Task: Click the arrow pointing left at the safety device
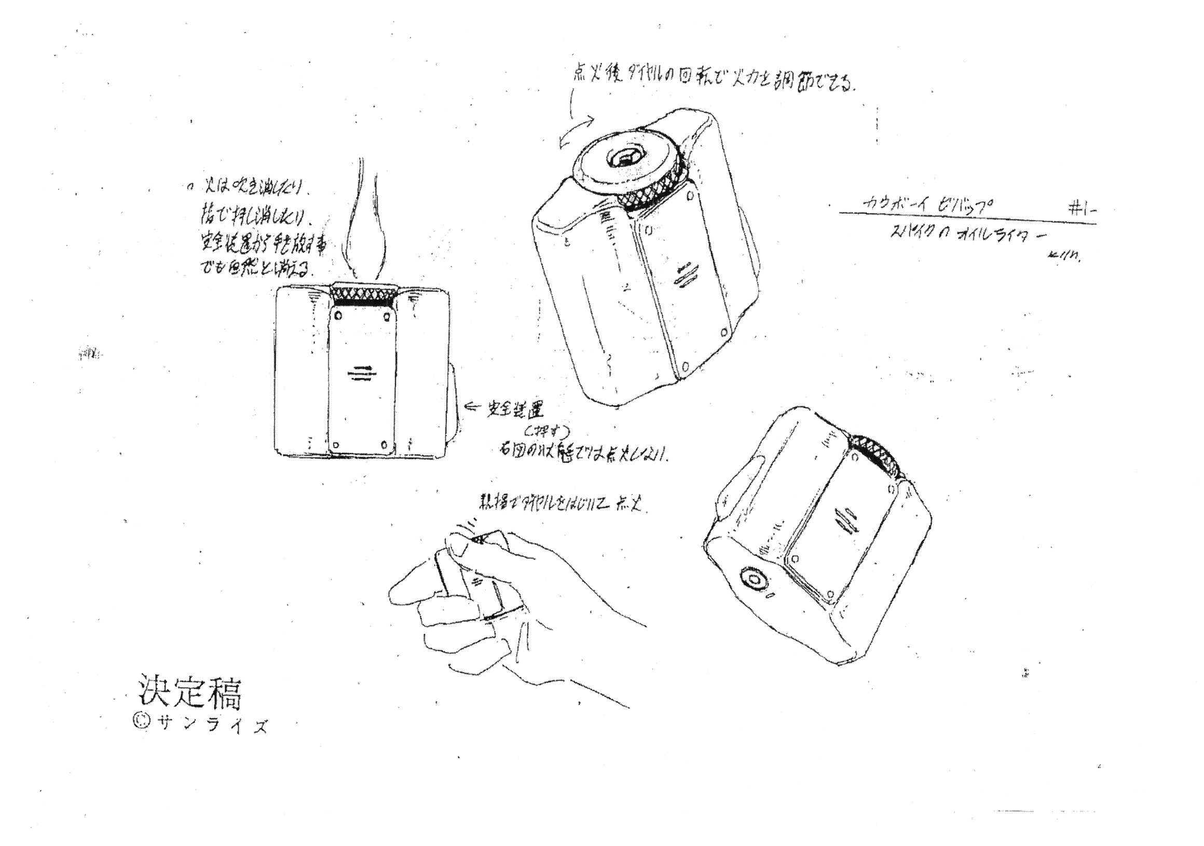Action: tap(474, 405)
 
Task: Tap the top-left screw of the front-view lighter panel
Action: tap(338, 316)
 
